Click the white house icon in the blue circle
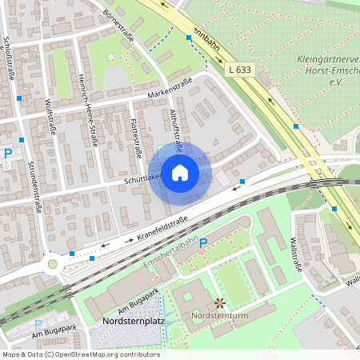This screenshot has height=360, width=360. pyautogui.click(x=180, y=173)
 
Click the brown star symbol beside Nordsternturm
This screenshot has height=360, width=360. pyautogui.click(x=219, y=303)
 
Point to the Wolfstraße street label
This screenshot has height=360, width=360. pyautogui.click(x=50, y=117)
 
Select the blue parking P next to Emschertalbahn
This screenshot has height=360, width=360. pyautogui.click(x=203, y=242)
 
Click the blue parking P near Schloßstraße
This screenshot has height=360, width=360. pyautogui.click(x=8, y=154)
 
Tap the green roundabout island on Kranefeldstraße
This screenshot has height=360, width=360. pyautogui.click(x=53, y=263)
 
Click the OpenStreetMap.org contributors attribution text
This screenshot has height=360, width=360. pyautogui.click(x=104, y=354)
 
